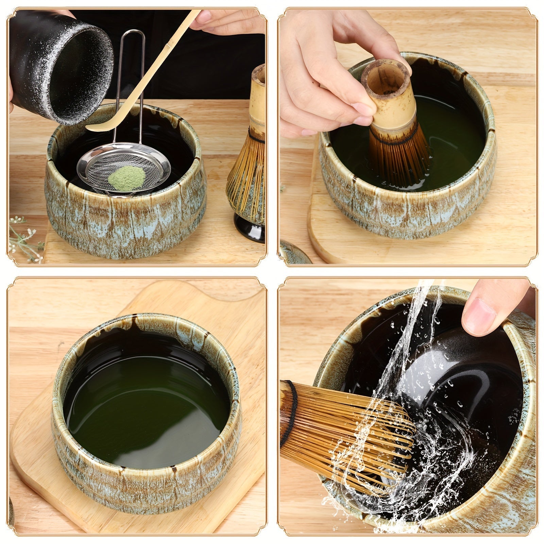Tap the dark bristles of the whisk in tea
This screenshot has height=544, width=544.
398,156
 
